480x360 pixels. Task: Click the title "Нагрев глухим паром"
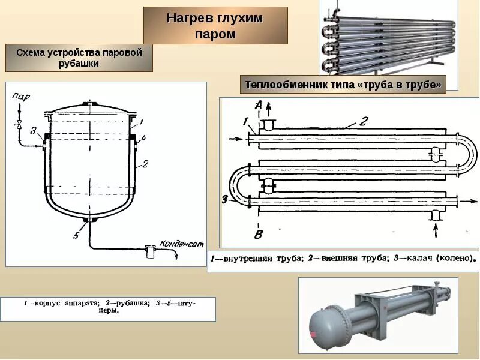tap(215, 26)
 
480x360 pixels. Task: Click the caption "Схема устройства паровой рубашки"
tap(79, 58)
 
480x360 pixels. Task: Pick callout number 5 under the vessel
tap(76, 236)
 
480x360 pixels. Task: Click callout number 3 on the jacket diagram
tap(34, 131)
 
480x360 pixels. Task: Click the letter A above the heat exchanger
tap(259, 106)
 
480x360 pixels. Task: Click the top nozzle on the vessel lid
tap(90, 104)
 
